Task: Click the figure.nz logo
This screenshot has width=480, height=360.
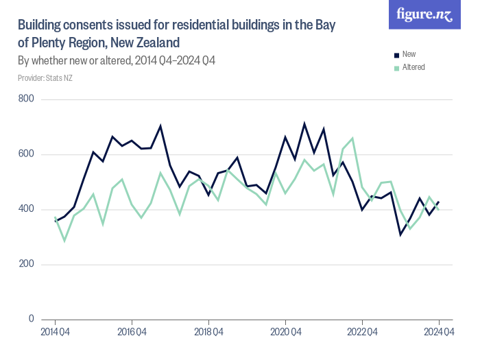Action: [424, 14]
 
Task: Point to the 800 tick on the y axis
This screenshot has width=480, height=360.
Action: [27, 99]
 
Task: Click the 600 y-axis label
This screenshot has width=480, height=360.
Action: [27, 154]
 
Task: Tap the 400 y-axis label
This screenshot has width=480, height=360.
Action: [27, 209]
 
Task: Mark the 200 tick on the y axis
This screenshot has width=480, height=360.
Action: [27, 264]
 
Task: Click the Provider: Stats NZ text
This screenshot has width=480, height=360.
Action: [45, 78]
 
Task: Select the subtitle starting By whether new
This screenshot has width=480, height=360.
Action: [117, 61]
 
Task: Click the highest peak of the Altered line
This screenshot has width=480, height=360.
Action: [352, 139]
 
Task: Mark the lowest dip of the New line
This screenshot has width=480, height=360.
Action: [400, 235]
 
